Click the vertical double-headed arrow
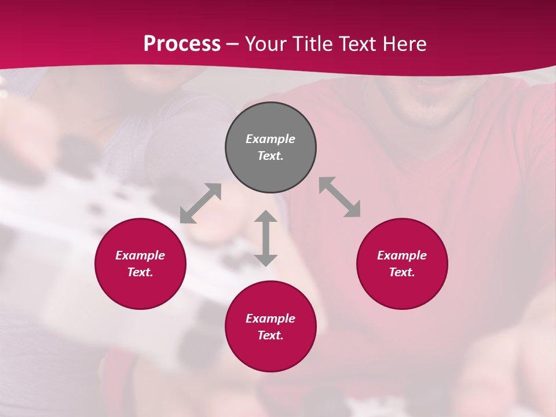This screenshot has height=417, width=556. pyautogui.click(x=266, y=238)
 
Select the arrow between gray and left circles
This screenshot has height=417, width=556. pyautogui.click(x=200, y=203)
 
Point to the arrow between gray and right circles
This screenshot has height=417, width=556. pyautogui.click(x=340, y=197)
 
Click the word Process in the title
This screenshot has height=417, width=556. pyautogui.click(x=182, y=43)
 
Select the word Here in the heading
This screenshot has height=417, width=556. pyautogui.click(x=405, y=43)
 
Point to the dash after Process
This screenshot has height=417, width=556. pyautogui.click(x=232, y=44)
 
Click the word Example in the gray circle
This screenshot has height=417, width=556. pyautogui.click(x=270, y=139)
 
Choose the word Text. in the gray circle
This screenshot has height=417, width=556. pyautogui.click(x=270, y=156)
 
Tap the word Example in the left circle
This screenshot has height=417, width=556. pyautogui.click(x=140, y=255)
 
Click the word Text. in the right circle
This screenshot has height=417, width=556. pyautogui.click(x=402, y=272)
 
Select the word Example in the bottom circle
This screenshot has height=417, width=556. pyautogui.click(x=270, y=319)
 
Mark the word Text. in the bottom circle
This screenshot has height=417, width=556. pyautogui.click(x=270, y=335)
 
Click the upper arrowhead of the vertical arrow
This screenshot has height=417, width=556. pyautogui.click(x=266, y=216)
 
